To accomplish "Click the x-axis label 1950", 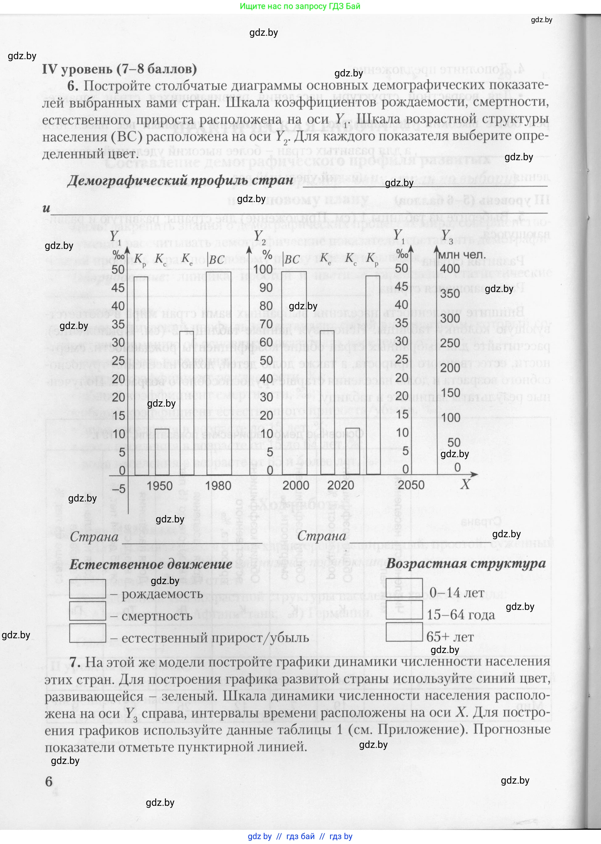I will point(160,486).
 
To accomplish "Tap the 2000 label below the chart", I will point(296,485).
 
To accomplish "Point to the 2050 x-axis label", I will point(411,485).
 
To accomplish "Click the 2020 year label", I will point(341,485).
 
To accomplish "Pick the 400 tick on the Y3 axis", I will point(450,269).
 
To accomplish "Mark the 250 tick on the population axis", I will point(450,343).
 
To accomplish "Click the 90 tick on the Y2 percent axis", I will point(266,288).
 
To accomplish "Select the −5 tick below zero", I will point(118,489).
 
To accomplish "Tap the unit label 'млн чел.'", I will point(461,255).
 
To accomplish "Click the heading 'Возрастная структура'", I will point(466,564).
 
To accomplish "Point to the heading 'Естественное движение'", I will point(151,565).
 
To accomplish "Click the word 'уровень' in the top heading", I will point(87,69).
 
